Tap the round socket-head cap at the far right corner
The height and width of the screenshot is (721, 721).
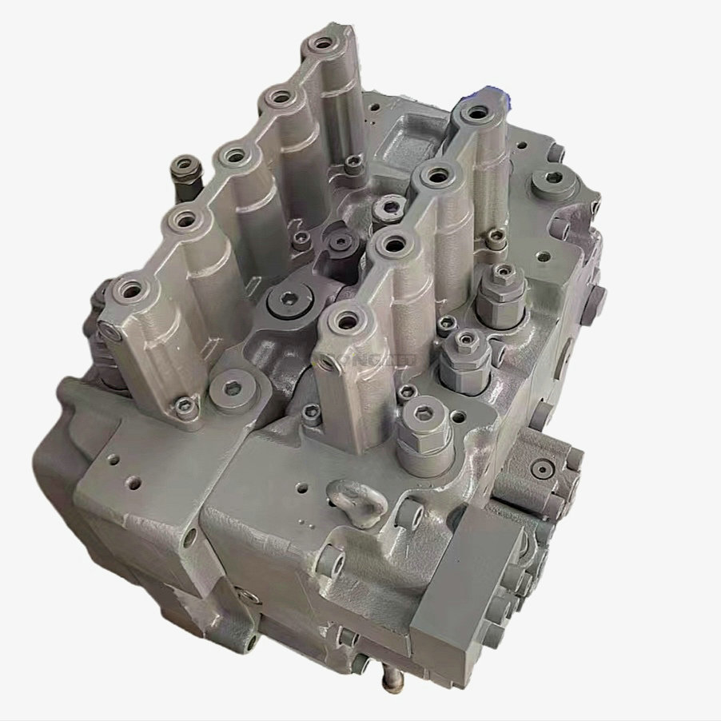(555, 179)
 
